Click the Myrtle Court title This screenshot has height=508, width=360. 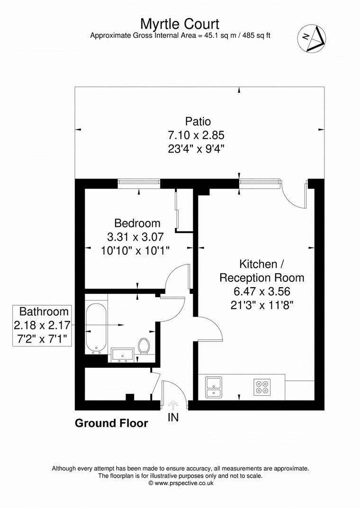pos(180,23)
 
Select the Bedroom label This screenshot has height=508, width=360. pos(137,223)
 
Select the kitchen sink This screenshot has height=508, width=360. pos(214,386)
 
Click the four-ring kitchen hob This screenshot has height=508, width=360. pos(262,387)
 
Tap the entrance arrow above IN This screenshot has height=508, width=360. pos(173,404)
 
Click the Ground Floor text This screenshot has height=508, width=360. pos(111,423)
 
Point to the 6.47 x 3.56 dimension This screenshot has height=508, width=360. pos(261,291)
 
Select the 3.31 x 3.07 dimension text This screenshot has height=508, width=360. pos(137,236)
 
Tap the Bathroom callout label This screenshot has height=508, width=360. pos(44,311)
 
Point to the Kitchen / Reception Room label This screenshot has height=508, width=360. pos(261,271)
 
